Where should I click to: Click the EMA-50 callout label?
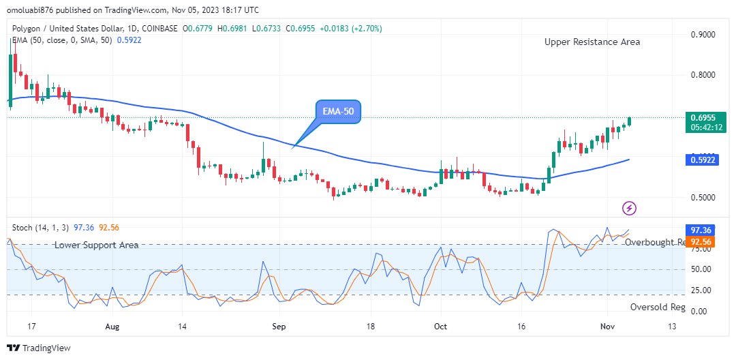pyautogui.click(x=338, y=112)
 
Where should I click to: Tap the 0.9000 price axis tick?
pyautogui.click(x=703, y=34)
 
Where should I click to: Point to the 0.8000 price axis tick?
pyautogui.click(x=703, y=75)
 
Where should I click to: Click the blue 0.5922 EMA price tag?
pyautogui.click(x=703, y=160)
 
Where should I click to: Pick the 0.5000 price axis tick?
pyautogui.click(x=703, y=198)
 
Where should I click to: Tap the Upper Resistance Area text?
pyautogui.click(x=592, y=42)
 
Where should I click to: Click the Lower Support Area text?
pyautogui.click(x=97, y=245)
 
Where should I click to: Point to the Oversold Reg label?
pyautogui.click(x=657, y=307)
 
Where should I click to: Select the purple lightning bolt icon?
pyautogui.click(x=630, y=207)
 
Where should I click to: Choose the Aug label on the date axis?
pyautogui.click(x=112, y=327)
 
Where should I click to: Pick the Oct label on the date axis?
pyautogui.click(x=441, y=327)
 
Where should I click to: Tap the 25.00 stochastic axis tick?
pyautogui.click(x=701, y=290)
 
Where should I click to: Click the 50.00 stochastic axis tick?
pyautogui.click(x=701, y=269)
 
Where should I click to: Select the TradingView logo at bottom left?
pyautogui.click(x=40, y=348)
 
